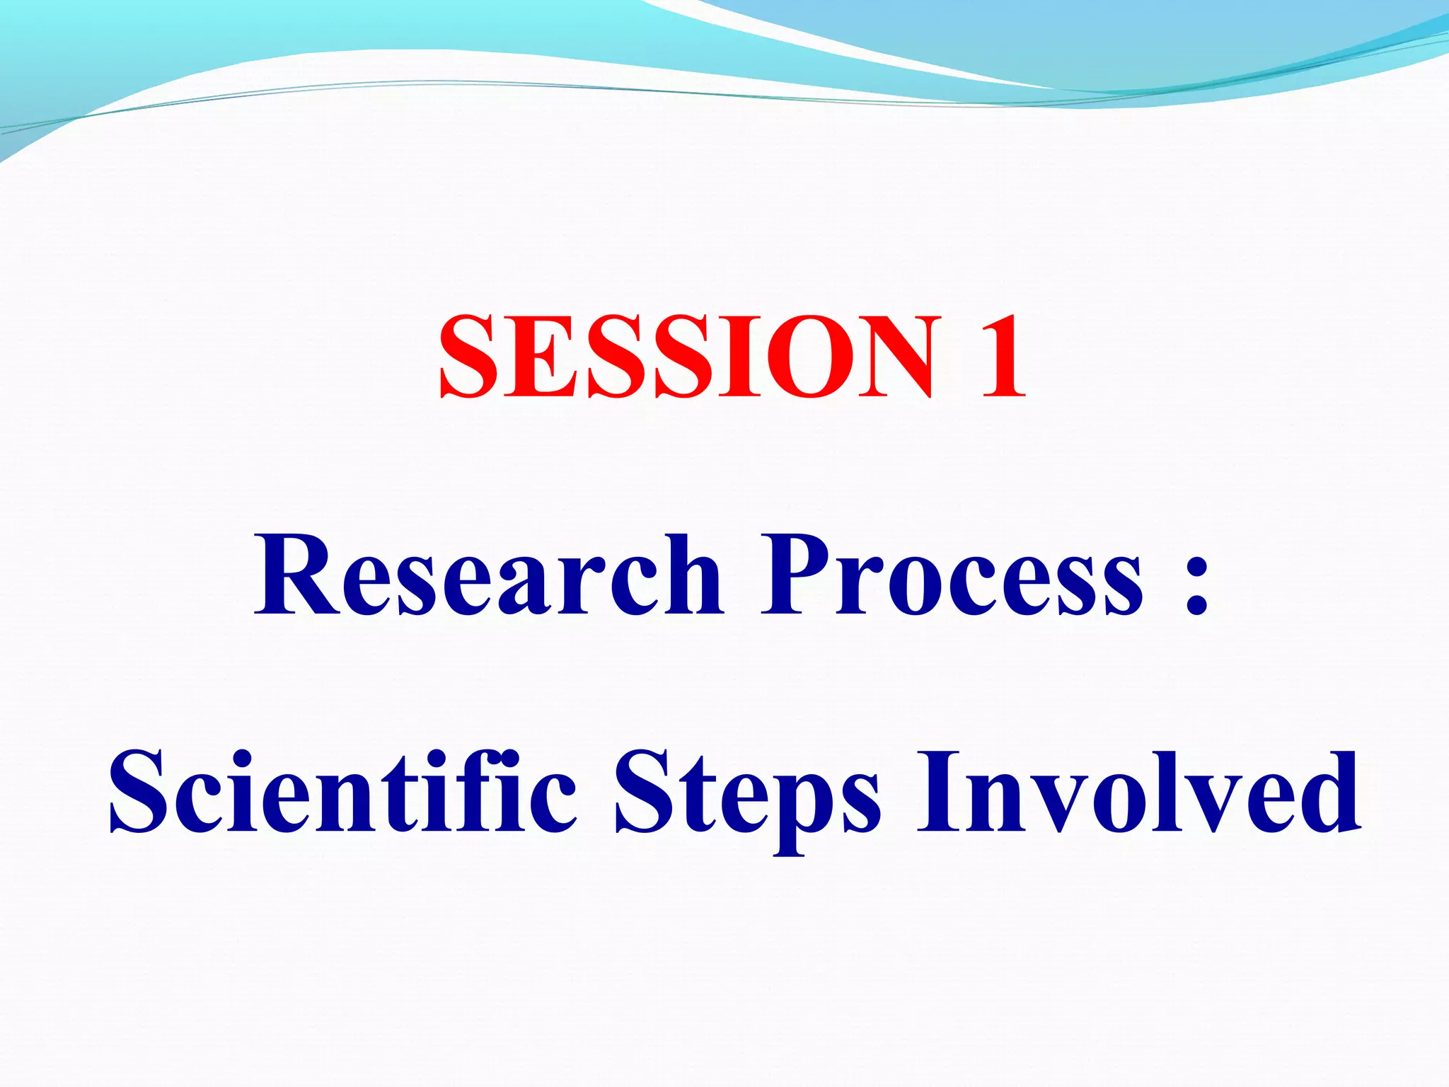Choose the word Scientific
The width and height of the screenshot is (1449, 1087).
tap(343, 793)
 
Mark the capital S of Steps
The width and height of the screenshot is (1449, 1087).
tap(644, 793)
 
